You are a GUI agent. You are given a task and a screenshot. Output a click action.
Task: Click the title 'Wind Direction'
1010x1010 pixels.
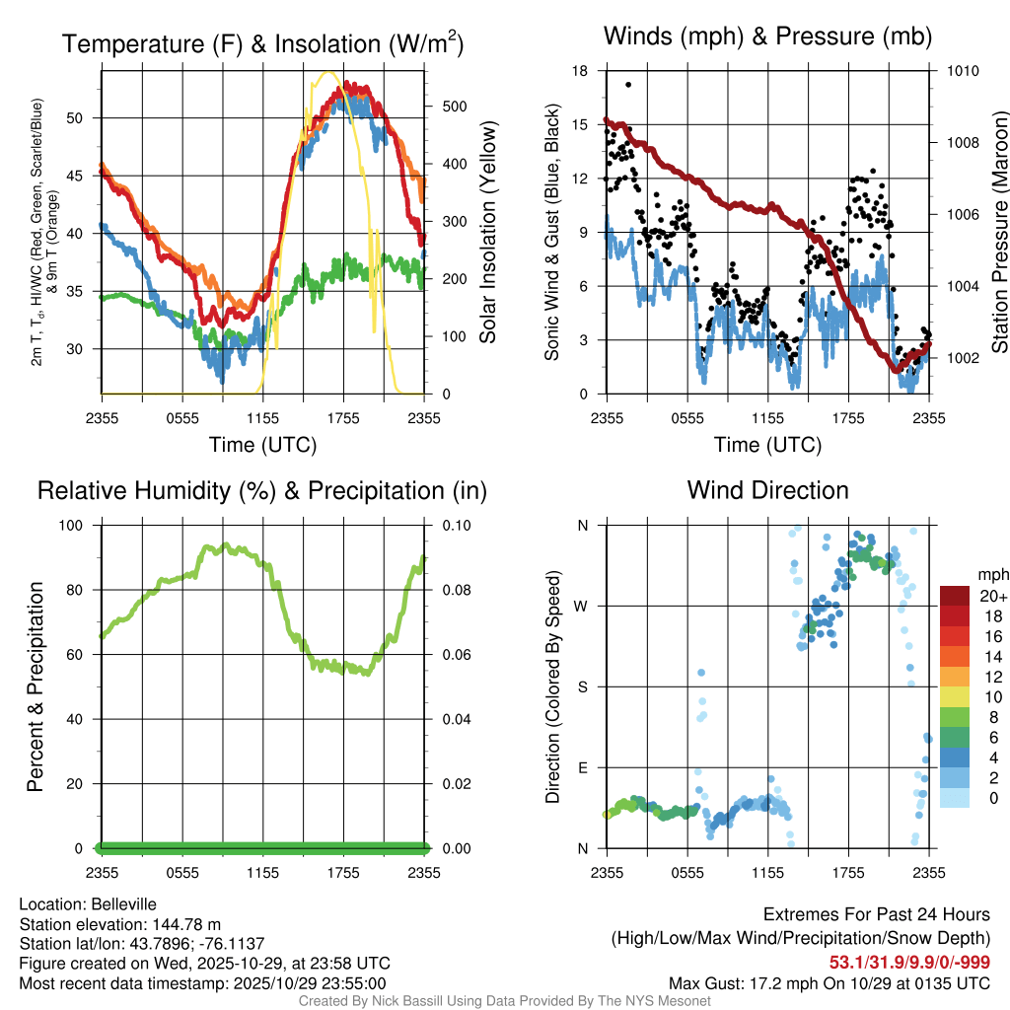pos(767,490)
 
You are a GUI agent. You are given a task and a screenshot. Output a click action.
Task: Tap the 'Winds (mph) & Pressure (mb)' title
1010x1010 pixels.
pos(767,37)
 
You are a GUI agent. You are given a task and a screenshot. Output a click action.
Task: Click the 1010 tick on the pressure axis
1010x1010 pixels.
pos(961,71)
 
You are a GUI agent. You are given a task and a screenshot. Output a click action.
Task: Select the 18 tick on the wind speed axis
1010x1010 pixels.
pos(580,71)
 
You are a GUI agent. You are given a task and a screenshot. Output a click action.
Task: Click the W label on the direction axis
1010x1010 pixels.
pos(582,606)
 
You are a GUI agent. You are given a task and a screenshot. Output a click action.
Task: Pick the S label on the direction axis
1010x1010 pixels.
pos(582,686)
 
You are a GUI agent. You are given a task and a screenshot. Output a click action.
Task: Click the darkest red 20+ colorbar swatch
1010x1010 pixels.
pos(955,596)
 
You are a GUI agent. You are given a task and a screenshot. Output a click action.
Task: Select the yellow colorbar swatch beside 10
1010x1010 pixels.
pos(955,696)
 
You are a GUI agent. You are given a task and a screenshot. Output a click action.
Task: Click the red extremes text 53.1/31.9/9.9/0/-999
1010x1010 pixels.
pos(909,963)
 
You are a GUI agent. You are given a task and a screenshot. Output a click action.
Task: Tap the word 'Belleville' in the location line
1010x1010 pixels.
pos(120,904)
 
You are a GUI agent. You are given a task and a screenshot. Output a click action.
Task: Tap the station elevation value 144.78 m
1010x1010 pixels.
pos(186,924)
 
